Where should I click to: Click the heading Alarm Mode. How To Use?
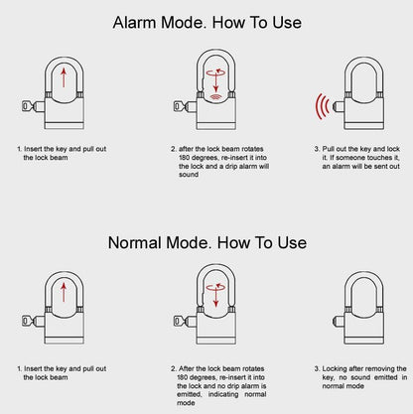(x=206, y=21)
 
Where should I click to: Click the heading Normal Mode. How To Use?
(x=206, y=241)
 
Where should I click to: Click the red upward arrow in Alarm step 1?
(x=65, y=77)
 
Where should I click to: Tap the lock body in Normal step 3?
(x=364, y=327)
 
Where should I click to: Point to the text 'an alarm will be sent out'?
(x=360, y=165)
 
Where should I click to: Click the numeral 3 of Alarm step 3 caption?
(x=316, y=149)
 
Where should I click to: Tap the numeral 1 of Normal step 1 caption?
(x=19, y=364)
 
